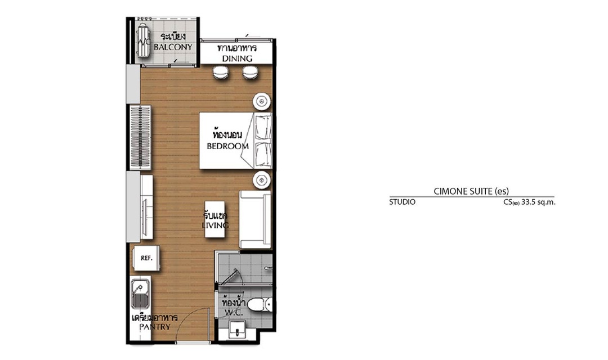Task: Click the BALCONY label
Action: [173, 47]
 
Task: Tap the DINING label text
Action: [237, 58]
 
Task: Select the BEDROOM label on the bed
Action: [227, 146]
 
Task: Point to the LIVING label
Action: [215, 225]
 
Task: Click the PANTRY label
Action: [155, 327]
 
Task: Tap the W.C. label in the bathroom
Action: [234, 312]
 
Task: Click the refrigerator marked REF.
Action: [146, 258]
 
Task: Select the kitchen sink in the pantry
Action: [140, 294]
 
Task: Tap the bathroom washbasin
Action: [236, 330]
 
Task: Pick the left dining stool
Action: [221, 73]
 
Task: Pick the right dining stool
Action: [250, 73]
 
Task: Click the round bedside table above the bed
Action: [262, 102]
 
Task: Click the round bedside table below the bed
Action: [262, 180]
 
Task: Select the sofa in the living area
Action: [255, 220]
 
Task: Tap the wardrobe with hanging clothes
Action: [140, 137]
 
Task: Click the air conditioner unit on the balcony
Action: [142, 40]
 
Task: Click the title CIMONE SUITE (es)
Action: [471, 191]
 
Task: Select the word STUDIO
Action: [402, 202]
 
